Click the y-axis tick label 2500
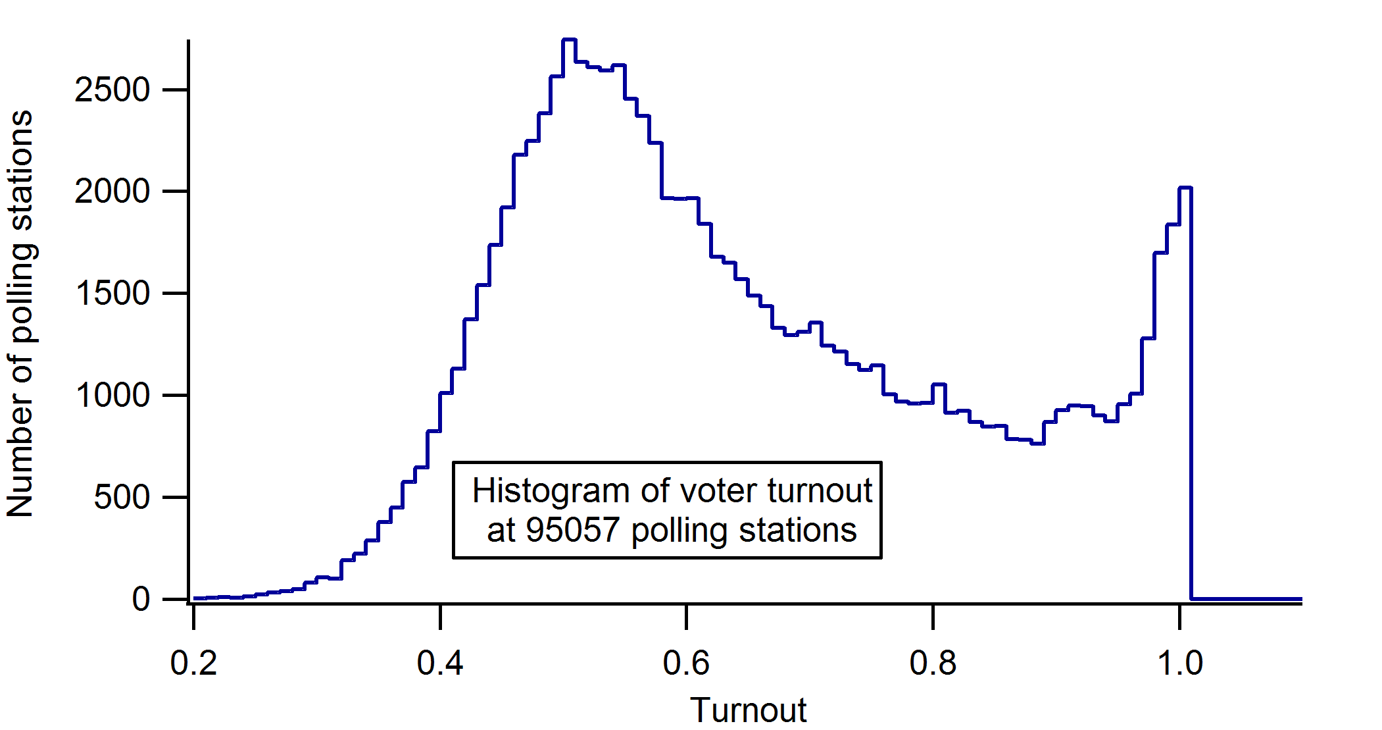pos(112,90)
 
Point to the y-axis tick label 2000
pos(112,192)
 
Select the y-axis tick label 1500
pos(112,294)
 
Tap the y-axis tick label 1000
pos(112,396)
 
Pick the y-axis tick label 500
pos(122,498)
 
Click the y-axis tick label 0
pos(141,600)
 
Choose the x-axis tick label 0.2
pos(193,663)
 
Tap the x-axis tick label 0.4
pos(440,663)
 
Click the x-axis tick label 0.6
pos(686,663)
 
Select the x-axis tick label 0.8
pos(933,663)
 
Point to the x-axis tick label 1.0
pos(1180,663)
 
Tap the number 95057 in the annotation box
pos(573,530)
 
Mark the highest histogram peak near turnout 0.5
pos(569,40)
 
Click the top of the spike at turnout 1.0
pos(1185,188)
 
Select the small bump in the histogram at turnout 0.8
pos(939,384)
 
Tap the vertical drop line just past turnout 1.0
pos(1191,395)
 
